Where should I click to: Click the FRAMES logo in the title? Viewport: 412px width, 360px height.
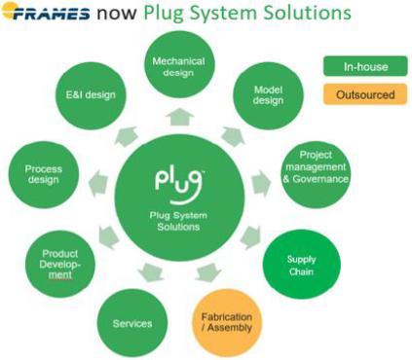46,12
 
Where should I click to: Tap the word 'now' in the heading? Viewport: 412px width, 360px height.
117,13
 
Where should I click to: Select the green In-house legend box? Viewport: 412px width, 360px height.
365,66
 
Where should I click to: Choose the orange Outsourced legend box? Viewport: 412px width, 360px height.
365,94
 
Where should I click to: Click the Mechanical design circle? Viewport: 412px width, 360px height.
179,64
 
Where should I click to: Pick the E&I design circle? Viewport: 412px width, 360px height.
91,95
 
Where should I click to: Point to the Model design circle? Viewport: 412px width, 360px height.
268,95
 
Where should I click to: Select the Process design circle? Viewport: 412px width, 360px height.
44,174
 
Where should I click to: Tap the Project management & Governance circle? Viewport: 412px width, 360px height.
316,174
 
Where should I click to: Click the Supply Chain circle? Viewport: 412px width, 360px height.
302,265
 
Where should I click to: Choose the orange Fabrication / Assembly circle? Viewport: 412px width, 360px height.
227,323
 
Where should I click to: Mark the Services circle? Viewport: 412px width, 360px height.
132,323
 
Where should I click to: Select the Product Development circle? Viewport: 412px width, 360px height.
60,264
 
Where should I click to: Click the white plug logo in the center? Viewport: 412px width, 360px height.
179,187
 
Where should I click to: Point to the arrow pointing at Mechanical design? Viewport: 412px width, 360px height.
179,117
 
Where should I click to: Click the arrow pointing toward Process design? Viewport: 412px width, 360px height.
98,184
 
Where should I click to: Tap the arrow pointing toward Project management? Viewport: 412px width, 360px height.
261,184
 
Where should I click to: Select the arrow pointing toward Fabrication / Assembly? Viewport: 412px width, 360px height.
207,272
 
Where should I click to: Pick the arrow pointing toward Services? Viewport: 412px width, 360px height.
150,271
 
